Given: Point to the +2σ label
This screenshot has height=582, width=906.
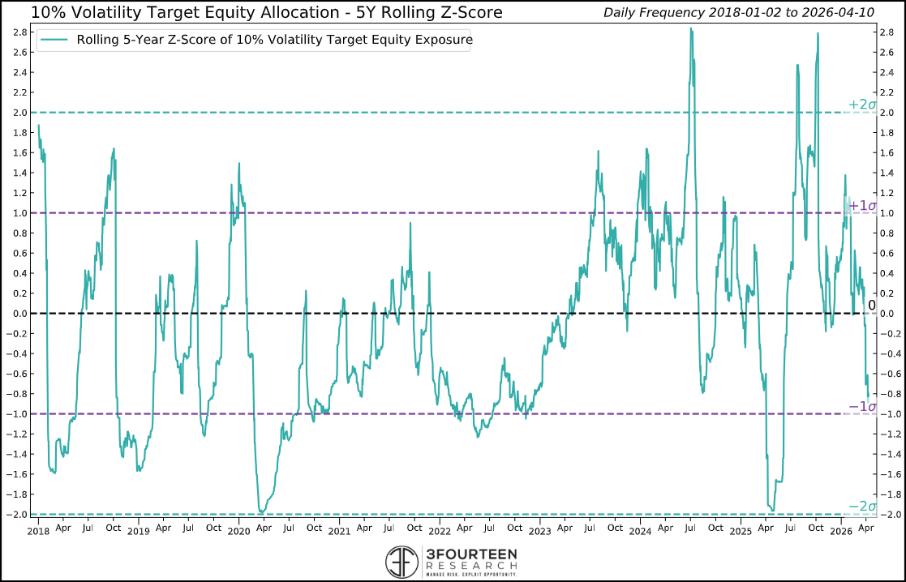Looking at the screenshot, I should [862, 105].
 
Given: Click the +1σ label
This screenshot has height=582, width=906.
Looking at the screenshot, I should [862, 205].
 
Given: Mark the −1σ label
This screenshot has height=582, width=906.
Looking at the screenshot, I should [862, 406].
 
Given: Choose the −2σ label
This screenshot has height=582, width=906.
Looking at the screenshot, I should [862, 507].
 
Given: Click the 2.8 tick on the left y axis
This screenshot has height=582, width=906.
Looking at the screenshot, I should [18, 32].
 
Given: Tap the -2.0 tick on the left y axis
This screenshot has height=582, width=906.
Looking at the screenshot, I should [16, 515].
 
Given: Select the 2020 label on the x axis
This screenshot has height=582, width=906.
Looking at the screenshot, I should [238, 531].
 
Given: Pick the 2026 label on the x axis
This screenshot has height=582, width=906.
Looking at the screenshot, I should [840, 531].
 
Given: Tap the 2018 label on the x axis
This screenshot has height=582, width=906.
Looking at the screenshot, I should [38, 531].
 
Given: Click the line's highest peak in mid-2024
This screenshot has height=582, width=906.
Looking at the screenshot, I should [691, 29].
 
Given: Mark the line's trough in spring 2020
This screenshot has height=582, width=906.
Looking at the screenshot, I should [260, 511].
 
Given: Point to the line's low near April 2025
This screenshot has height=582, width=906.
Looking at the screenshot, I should [771, 511].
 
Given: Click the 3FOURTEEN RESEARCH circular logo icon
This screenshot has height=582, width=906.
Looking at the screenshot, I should [403, 561].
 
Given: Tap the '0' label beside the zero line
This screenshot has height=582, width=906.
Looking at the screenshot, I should [872, 306].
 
